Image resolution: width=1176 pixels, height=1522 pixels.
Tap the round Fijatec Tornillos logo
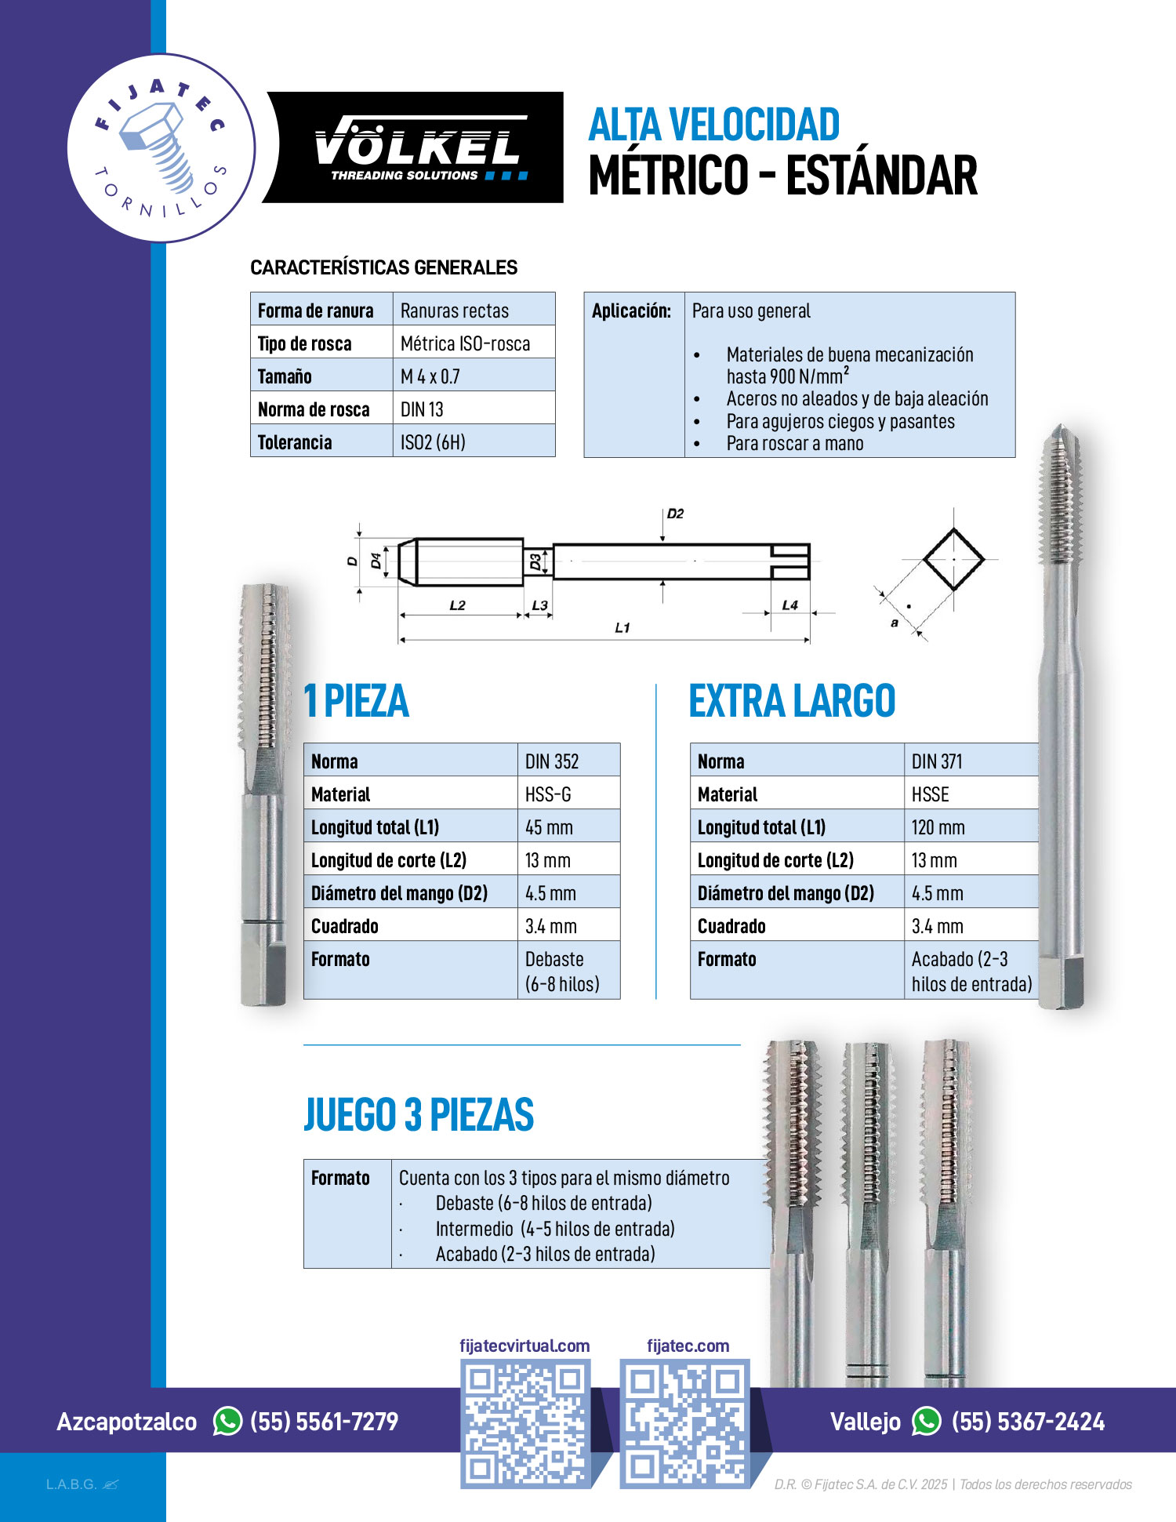tap(161, 147)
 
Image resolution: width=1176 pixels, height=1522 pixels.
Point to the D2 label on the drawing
tap(675, 514)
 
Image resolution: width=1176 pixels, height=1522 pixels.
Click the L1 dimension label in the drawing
tap(622, 628)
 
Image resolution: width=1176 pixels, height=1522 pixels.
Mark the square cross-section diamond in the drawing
tap(953, 559)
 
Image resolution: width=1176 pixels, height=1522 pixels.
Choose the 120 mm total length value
tap(938, 827)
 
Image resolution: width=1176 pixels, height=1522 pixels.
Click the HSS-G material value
tap(549, 794)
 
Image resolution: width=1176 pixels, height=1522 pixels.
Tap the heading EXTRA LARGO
tap(792, 701)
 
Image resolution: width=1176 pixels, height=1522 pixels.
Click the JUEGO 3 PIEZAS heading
tap(419, 1115)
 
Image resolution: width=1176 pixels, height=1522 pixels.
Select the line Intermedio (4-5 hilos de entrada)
tap(555, 1229)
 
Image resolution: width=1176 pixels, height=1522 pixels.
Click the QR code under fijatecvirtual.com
tap(524, 1424)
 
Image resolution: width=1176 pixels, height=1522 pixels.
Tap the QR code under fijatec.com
tap(684, 1424)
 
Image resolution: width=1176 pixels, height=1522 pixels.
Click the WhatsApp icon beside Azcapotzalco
tap(227, 1422)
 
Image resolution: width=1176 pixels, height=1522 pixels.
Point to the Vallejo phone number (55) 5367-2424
tap(1028, 1422)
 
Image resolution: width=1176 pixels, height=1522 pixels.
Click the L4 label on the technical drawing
tap(789, 605)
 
